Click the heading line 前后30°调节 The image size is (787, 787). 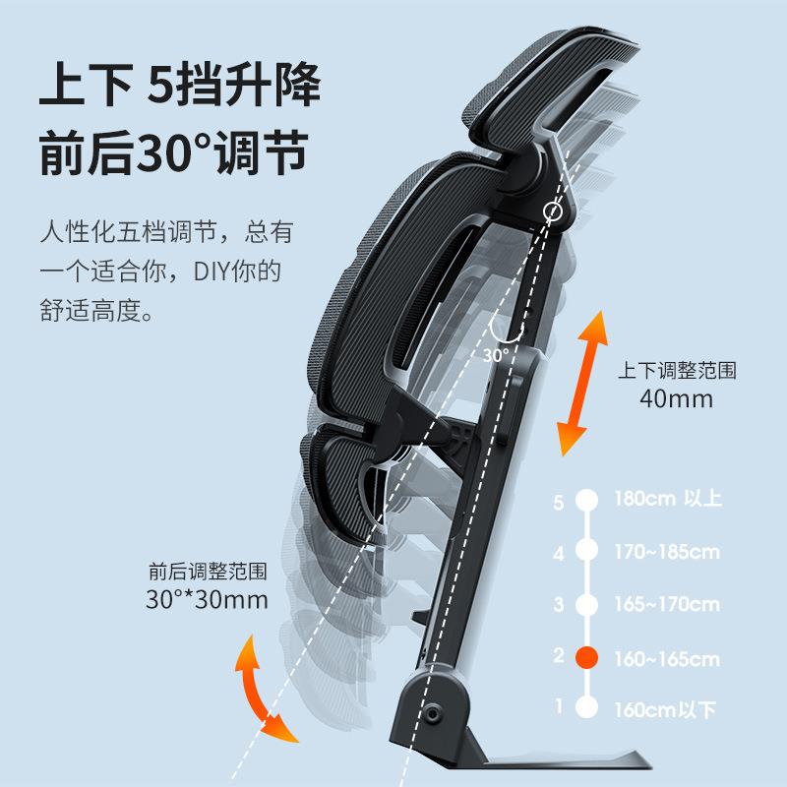pos(173,154)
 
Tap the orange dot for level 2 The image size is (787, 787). pos(586,657)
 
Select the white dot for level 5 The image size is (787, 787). pos(586,499)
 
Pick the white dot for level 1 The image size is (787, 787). pos(586,707)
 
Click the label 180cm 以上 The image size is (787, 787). pos(667,499)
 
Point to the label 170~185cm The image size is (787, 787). pos(666,552)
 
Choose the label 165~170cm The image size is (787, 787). pos(666,604)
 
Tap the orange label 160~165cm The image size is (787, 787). pos(666,658)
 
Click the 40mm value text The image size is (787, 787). pos(676,399)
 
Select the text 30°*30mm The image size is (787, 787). pos(207,600)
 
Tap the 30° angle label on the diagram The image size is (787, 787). pos(496,354)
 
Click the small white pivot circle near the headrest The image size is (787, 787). pos(553,212)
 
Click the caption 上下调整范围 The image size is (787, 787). pos(676,371)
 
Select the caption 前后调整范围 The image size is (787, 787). pos(207,572)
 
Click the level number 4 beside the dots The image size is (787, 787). pos(559,553)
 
